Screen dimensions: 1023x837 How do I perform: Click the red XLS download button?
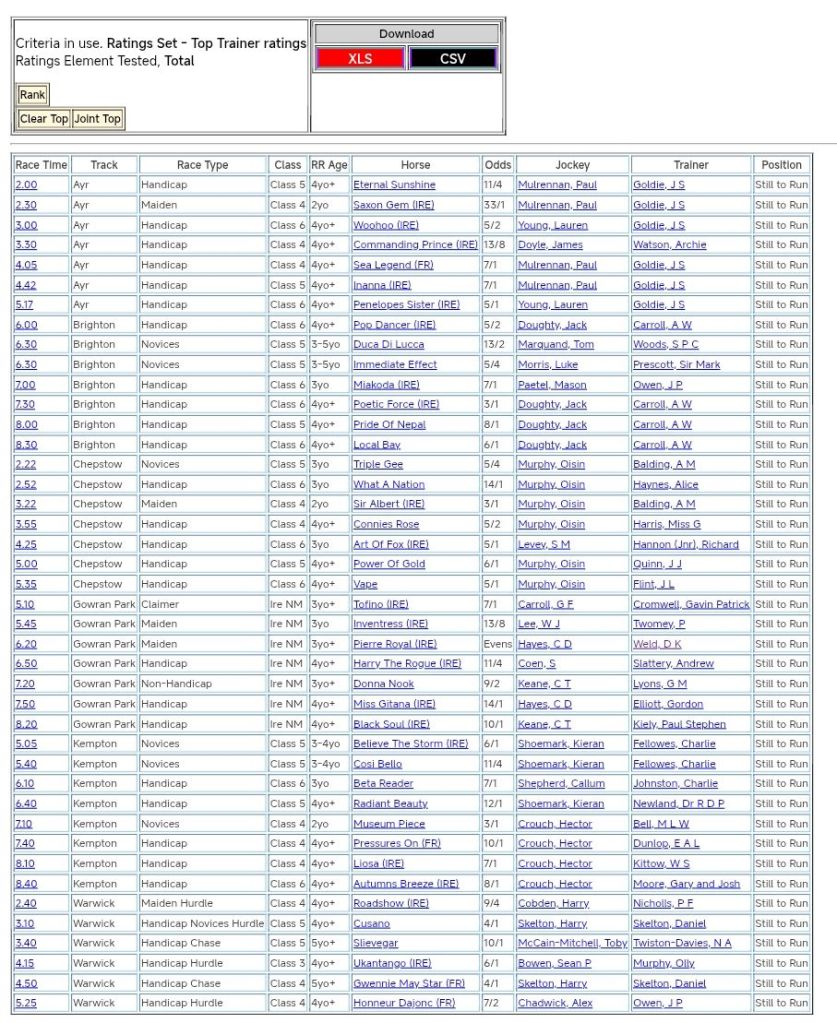pyautogui.click(x=360, y=59)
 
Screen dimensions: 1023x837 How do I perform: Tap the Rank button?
pyautogui.click(x=32, y=95)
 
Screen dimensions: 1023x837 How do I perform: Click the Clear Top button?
pyautogui.click(x=44, y=119)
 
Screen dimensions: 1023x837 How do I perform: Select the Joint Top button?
pyautogui.click(x=98, y=119)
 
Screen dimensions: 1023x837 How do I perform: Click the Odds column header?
pyautogui.click(x=497, y=165)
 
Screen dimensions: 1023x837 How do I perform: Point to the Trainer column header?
pyautogui.click(x=690, y=165)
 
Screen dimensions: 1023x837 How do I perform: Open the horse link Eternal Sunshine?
pyautogui.click(x=394, y=185)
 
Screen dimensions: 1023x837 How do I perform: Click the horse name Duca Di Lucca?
pyautogui.click(x=388, y=345)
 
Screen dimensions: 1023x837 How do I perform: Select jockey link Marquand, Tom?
pyautogui.click(x=555, y=345)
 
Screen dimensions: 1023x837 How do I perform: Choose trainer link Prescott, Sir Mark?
pyautogui.click(x=676, y=365)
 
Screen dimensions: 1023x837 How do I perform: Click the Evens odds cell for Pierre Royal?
pyautogui.click(x=497, y=644)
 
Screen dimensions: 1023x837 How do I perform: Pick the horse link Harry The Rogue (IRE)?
pyautogui.click(x=407, y=664)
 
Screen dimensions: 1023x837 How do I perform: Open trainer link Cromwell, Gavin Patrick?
pyautogui.click(x=691, y=604)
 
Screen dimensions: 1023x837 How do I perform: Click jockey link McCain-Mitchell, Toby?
pyautogui.click(x=572, y=943)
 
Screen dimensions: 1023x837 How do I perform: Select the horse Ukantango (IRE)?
pyautogui.click(x=394, y=963)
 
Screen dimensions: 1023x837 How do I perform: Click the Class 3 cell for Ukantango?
pyautogui.click(x=287, y=963)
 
